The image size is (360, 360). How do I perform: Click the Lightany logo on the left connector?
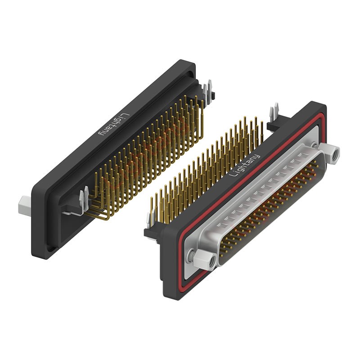[x=114, y=125]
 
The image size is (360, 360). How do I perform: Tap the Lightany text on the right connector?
[x=245, y=165]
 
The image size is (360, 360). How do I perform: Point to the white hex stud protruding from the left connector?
[x=24, y=204]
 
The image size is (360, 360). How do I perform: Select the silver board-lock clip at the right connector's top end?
[x=274, y=112]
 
